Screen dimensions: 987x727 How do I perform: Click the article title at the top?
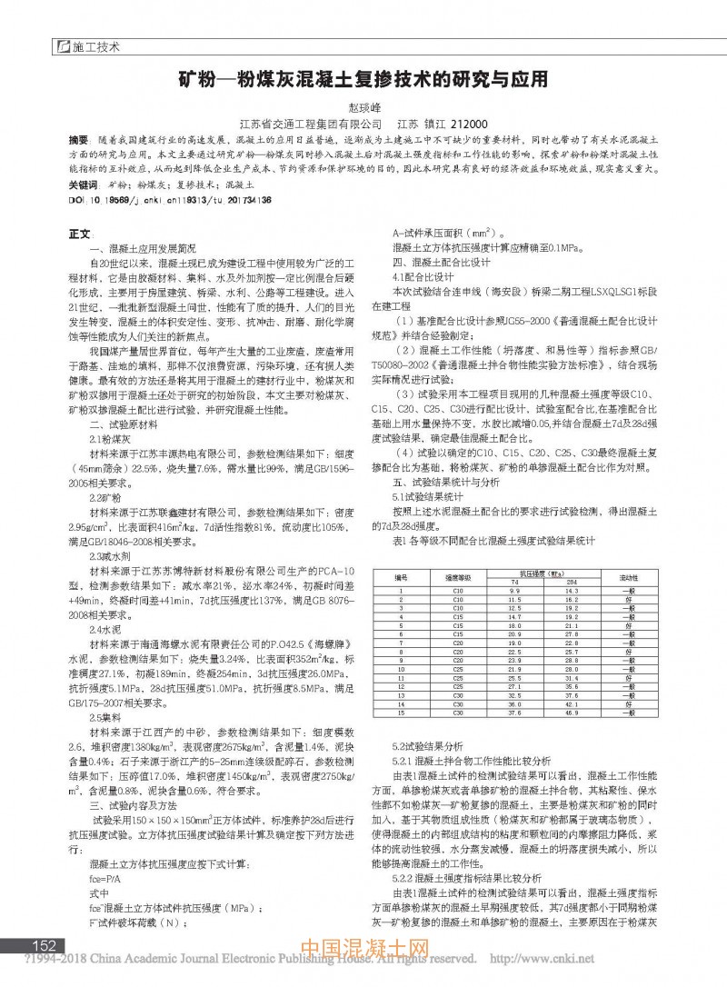click(363, 79)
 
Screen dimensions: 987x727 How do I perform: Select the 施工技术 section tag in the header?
click(95, 45)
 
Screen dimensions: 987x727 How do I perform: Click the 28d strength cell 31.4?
click(572, 679)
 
